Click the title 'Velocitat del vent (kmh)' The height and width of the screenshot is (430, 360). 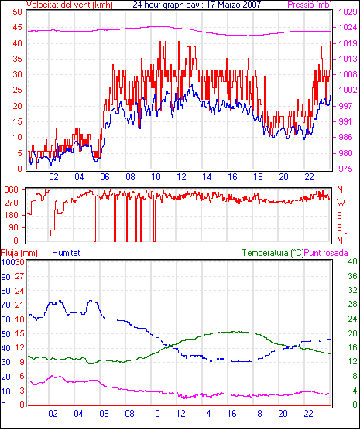[x=69, y=5]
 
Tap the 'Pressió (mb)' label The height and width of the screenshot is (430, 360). [x=310, y=5]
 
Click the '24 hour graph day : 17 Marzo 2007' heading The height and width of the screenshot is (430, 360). [x=197, y=5]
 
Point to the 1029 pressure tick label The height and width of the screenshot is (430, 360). [x=348, y=12]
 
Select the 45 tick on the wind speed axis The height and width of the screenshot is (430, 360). [x=17, y=28]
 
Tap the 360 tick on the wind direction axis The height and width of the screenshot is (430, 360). [x=12, y=189]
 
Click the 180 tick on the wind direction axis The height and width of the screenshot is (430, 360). [x=12, y=215]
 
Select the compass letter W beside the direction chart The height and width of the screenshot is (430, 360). [x=341, y=203]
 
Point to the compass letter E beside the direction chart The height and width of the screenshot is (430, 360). [x=339, y=228]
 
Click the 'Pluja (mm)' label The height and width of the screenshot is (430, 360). [x=19, y=253]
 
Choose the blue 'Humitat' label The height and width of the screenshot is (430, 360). [x=66, y=253]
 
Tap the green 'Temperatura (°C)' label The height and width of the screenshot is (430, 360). [x=273, y=253]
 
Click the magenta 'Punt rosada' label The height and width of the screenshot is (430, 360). [x=326, y=253]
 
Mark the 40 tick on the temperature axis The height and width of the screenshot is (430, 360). [x=352, y=262]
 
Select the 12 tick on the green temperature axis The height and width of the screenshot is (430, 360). [x=352, y=362]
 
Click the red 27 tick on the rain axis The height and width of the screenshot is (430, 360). [x=19, y=276]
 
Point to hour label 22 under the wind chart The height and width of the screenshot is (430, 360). [x=309, y=177]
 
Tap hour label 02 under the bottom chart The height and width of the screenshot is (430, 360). [x=53, y=414]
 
